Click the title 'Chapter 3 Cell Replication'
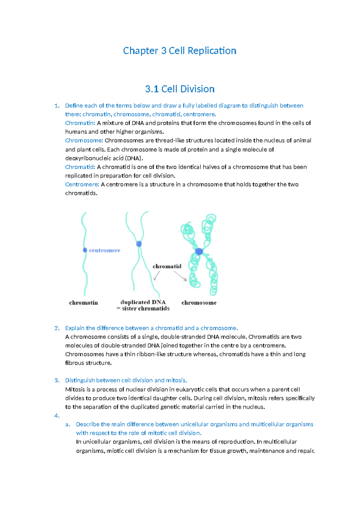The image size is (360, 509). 179,51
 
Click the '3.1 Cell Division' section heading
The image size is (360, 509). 179,89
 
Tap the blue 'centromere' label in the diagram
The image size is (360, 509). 104,250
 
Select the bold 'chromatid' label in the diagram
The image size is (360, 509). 167,266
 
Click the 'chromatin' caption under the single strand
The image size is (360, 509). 83,303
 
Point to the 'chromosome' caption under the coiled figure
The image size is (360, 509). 199,303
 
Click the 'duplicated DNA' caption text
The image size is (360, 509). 143,302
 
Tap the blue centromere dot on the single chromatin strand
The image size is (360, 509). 85,250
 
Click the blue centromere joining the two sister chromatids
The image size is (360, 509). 139,244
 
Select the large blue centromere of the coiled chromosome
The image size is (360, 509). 199,251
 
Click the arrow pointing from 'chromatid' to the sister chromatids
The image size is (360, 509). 157,275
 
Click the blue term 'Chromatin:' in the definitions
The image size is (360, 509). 80,123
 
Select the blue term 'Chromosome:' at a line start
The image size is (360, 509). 84,140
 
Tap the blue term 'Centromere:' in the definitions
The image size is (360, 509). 82,184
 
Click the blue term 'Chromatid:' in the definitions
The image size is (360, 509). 80,167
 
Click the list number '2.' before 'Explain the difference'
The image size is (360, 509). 57,328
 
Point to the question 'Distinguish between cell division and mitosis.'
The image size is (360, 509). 126,380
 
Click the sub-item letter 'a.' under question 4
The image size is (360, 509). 68,424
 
